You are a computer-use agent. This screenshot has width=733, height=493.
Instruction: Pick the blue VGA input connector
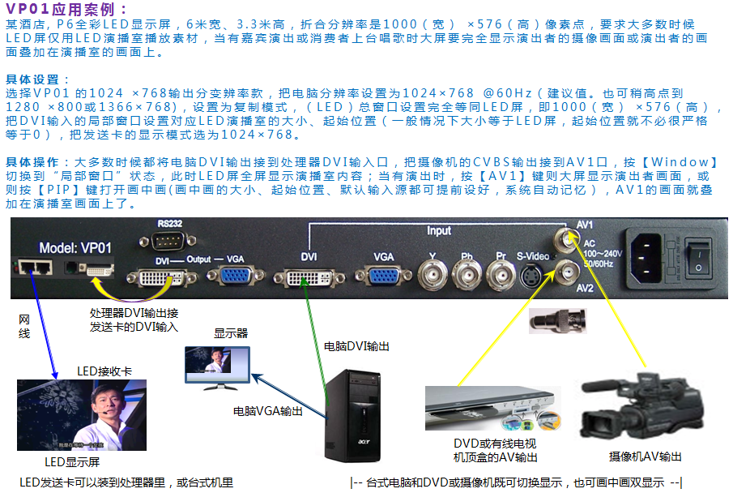tap(383, 277)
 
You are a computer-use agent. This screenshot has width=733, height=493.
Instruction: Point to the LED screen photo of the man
tap(82, 414)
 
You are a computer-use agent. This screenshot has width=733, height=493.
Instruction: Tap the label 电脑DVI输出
tap(356, 346)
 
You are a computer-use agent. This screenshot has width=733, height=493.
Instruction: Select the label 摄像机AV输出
tap(646, 457)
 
